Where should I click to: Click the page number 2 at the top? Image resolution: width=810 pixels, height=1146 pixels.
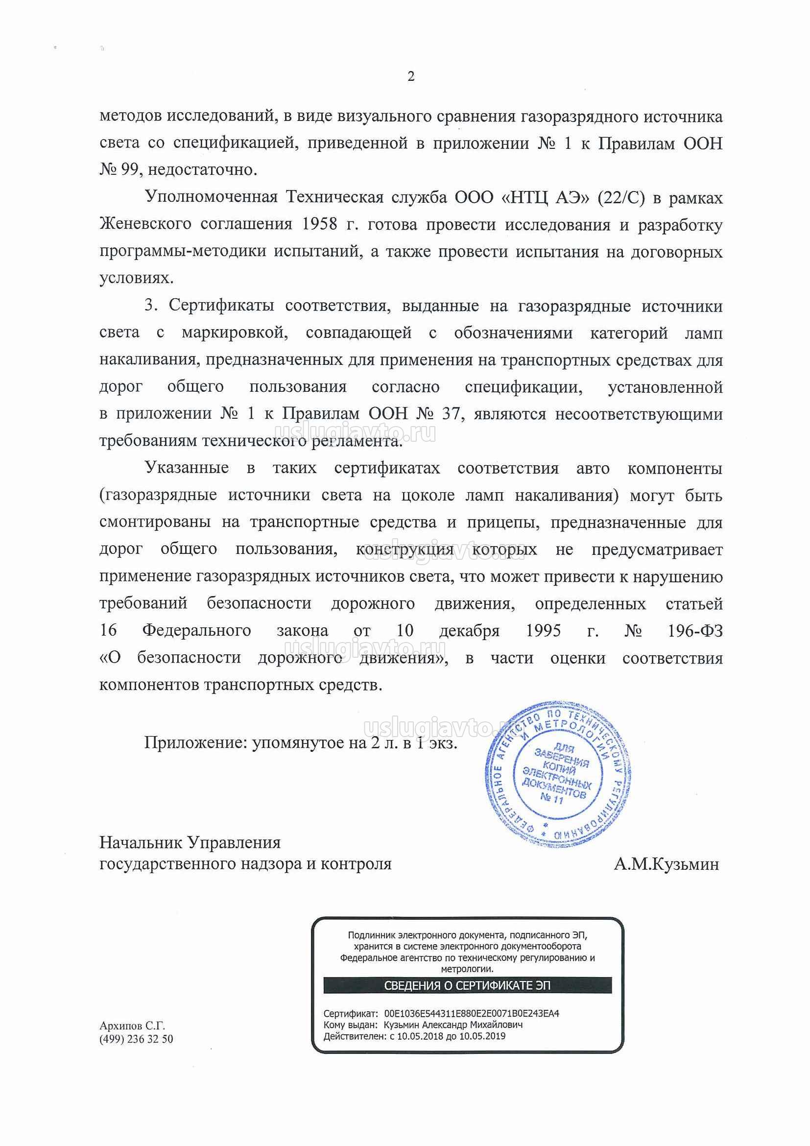tap(411, 76)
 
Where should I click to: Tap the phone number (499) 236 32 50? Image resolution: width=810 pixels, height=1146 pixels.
tap(136, 1039)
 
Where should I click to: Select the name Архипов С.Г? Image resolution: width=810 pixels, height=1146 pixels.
tap(132, 1026)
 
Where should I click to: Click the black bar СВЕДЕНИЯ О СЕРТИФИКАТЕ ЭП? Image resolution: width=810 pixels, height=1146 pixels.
tap(467, 986)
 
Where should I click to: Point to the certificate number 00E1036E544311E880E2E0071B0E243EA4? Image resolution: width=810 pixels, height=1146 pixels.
tap(472, 1014)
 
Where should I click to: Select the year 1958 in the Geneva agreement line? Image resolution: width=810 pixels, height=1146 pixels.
tap(320, 225)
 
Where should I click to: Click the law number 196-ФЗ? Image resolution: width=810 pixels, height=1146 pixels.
tap(695, 631)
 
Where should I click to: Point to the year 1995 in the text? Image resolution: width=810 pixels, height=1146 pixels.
tap(543, 631)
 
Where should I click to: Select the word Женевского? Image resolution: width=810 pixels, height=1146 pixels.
tap(145, 225)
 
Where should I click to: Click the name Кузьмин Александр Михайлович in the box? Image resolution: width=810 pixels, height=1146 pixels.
tap(453, 1025)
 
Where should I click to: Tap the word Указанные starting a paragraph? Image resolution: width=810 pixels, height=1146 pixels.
tap(187, 468)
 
